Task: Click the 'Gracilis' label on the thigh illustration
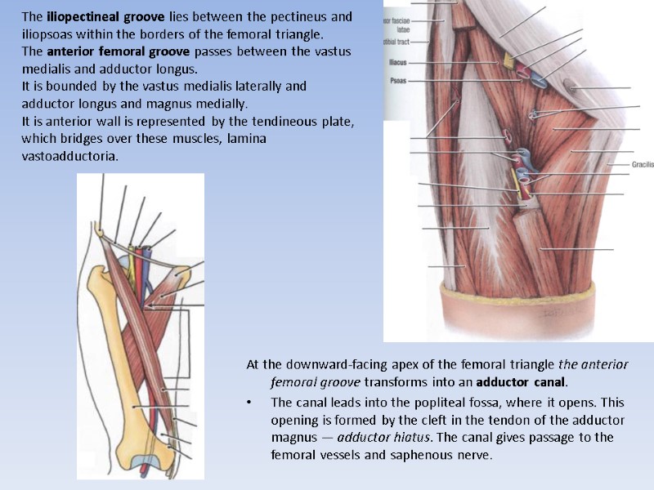click(642, 164)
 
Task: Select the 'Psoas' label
click(398, 82)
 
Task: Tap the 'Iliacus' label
click(397, 61)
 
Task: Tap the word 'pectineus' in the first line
click(303, 16)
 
